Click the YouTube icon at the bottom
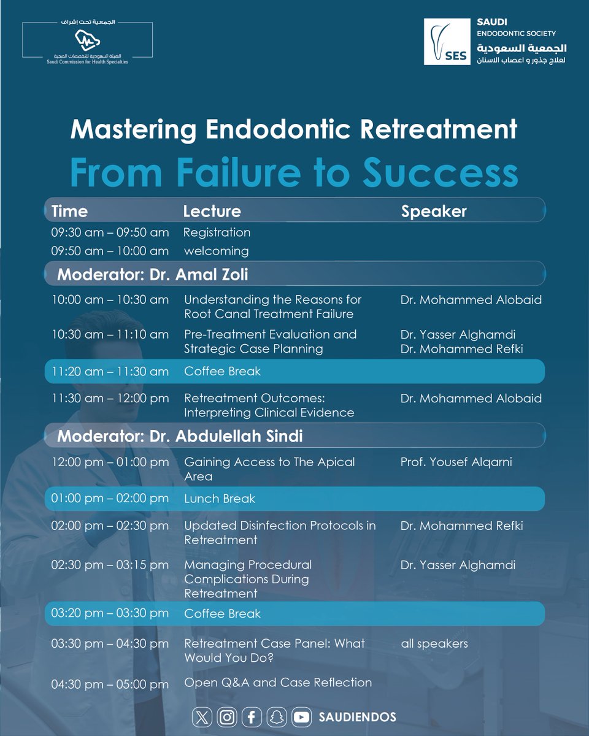(x=301, y=716)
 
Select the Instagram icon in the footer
(x=227, y=716)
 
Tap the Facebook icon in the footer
(x=252, y=716)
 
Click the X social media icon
(x=201, y=716)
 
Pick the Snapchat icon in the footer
(x=277, y=716)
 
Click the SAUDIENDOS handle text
(x=357, y=716)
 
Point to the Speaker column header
(x=434, y=212)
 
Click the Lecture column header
(x=212, y=212)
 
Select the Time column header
(x=69, y=212)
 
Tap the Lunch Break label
(x=220, y=499)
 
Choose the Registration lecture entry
(x=217, y=232)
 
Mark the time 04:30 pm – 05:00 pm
(x=110, y=684)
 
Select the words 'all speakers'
(x=434, y=643)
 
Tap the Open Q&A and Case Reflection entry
(x=278, y=682)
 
